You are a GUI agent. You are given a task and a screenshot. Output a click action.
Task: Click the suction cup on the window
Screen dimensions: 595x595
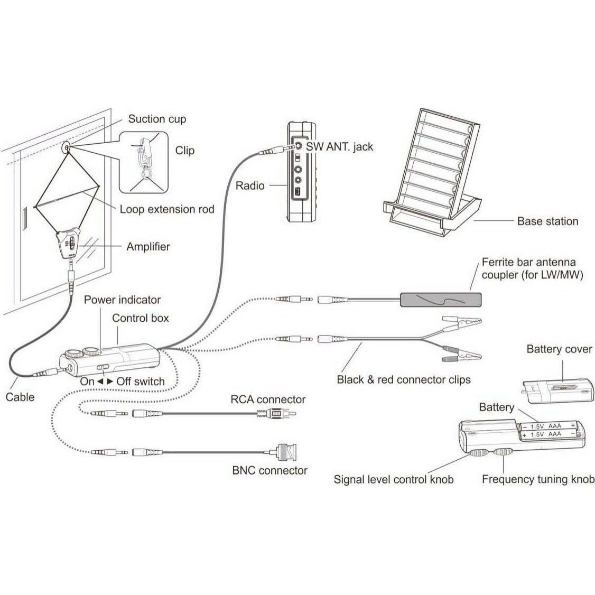(x=67, y=147)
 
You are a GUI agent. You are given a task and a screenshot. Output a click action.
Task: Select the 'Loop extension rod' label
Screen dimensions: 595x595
(x=167, y=209)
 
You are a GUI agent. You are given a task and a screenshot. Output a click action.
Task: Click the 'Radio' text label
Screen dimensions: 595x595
(x=250, y=185)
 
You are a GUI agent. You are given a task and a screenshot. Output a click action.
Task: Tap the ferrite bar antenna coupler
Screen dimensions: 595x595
(x=441, y=300)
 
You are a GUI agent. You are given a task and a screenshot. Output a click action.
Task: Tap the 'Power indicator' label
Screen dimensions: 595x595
(x=122, y=300)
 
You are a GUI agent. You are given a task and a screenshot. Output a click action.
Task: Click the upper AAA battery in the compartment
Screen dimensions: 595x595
(x=549, y=425)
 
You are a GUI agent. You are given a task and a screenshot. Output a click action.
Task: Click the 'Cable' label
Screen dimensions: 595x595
(x=20, y=397)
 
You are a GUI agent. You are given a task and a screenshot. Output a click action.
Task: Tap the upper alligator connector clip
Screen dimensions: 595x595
(x=463, y=322)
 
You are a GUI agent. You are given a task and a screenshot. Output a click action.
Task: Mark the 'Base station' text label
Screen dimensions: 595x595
(x=547, y=221)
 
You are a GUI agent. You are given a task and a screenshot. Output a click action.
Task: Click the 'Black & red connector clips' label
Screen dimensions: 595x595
(x=403, y=379)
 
